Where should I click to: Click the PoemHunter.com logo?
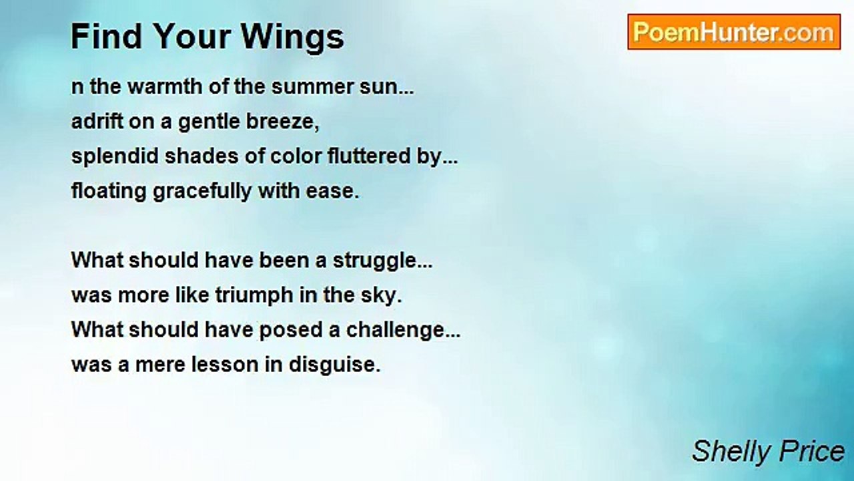pyautogui.click(x=733, y=32)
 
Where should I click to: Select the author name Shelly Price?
pyautogui.click(x=768, y=452)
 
